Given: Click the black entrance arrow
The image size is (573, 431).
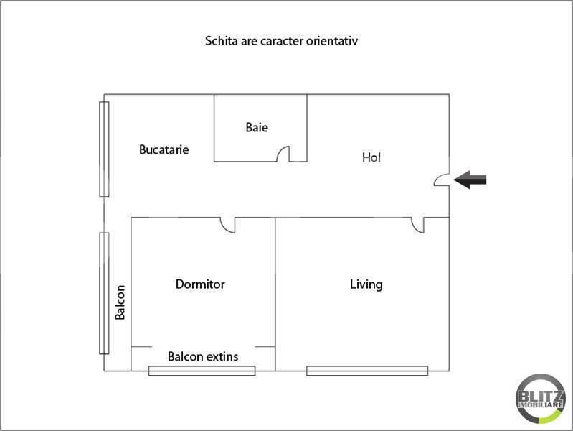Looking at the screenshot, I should pyautogui.click(x=470, y=180).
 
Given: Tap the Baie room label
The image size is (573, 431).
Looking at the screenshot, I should pyautogui.click(x=257, y=128).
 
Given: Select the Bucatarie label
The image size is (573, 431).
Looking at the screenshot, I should pyautogui.click(x=164, y=150).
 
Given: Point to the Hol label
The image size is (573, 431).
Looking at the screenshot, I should pyautogui.click(x=371, y=157).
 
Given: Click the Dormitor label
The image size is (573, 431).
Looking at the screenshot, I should pyautogui.click(x=200, y=284).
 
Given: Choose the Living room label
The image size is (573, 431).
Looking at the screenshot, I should pyautogui.click(x=366, y=284).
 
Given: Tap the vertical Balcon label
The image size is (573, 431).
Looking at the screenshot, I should pyautogui.click(x=120, y=302).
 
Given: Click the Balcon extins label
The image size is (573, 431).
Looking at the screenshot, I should pyautogui.click(x=203, y=356).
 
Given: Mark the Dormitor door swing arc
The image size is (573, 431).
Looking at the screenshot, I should pyautogui.click(x=229, y=226).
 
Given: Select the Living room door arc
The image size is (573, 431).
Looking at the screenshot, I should pyautogui.click(x=418, y=226).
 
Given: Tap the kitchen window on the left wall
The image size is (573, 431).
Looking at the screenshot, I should pyautogui.click(x=104, y=149).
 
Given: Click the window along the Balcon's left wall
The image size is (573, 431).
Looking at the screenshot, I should pyautogui.click(x=104, y=292).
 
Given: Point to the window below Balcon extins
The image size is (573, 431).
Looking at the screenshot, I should pyautogui.click(x=202, y=371).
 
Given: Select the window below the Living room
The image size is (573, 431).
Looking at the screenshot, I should pyautogui.click(x=366, y=371).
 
